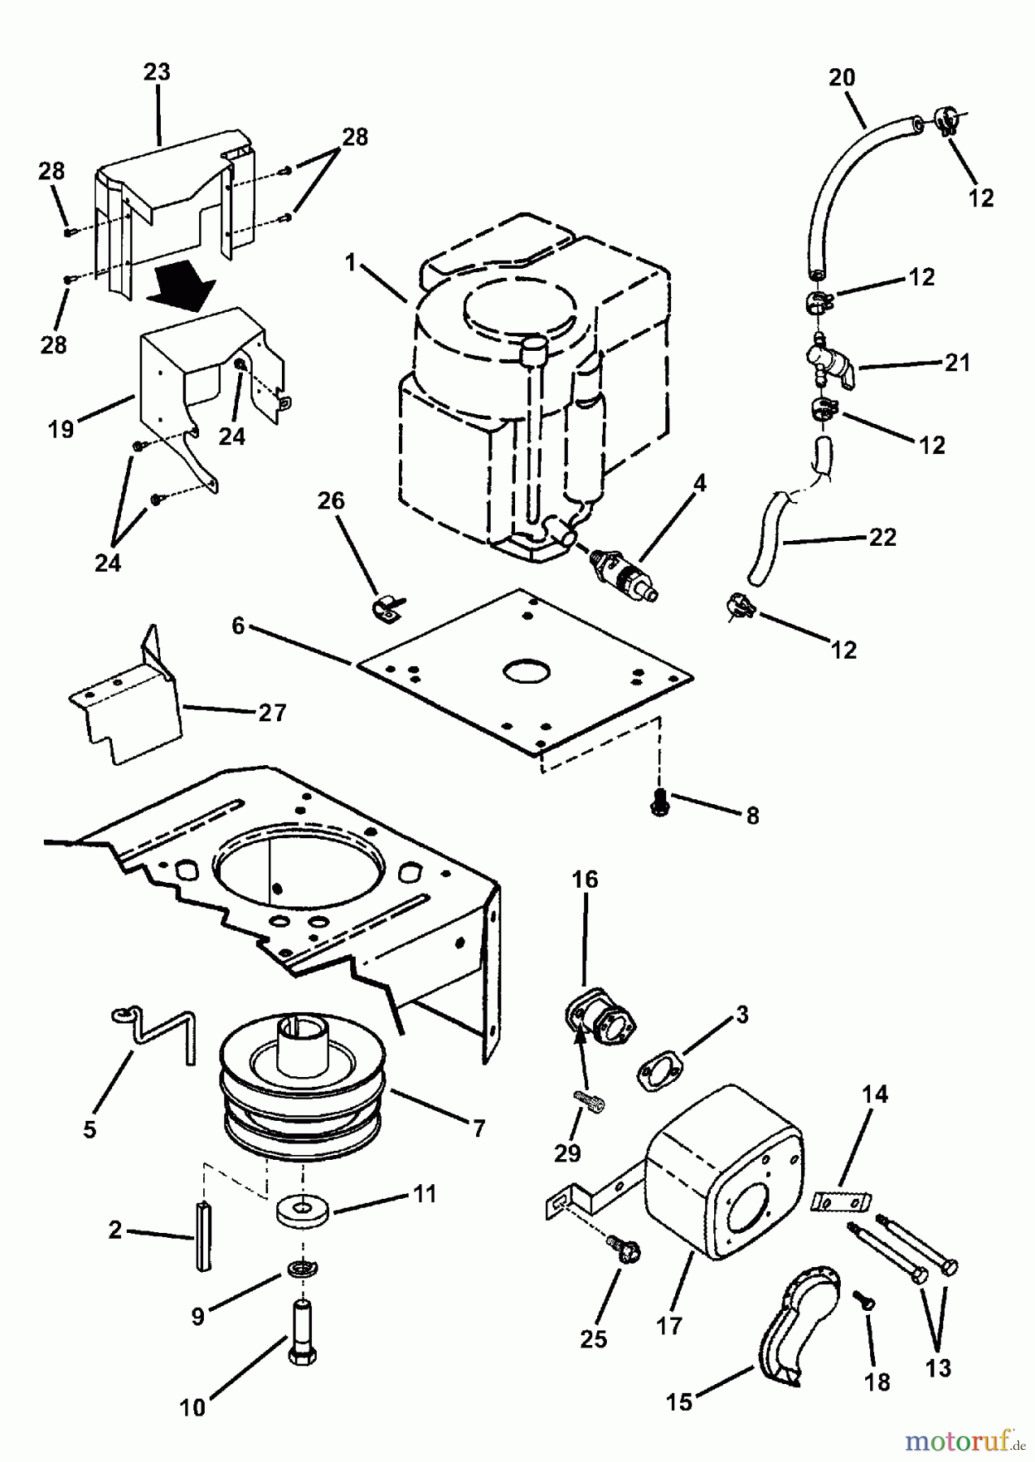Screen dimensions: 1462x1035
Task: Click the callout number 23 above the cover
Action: pyautogui.click(x=157, y=71)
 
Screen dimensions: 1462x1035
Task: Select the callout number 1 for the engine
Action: pyautogui.click(x=350, y=262)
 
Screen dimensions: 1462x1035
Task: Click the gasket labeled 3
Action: pyautogui.click(x=659, y=1071)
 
